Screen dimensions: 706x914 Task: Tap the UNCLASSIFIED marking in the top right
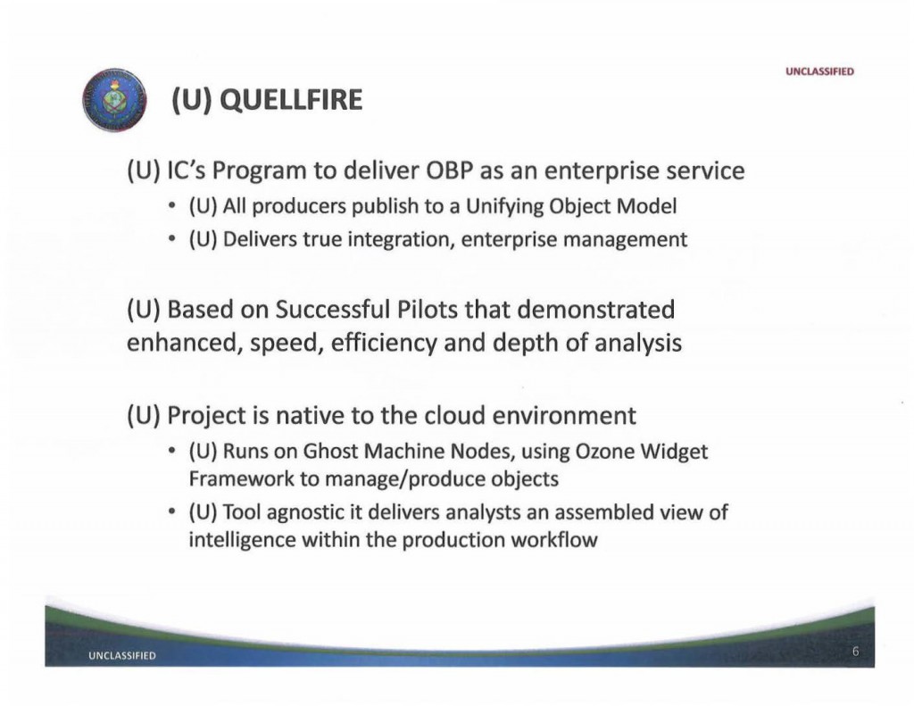pos(820,71)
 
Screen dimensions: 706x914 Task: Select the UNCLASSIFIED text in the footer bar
pos(121,657)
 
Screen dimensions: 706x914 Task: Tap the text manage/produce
pos(373,478)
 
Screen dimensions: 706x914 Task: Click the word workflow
pos(559,539)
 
